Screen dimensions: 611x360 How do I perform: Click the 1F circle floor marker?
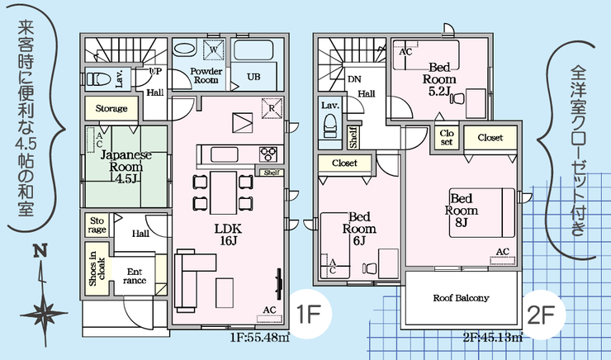(310, 314)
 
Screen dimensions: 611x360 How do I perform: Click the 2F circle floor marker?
(542, 314)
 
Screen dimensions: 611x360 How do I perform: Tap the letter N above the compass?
(40, 250)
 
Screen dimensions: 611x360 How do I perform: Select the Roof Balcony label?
(461, 298)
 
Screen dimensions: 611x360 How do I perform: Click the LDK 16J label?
(229, 234)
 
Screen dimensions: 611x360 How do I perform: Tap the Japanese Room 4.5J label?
(126, 167)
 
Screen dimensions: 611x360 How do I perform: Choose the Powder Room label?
(206, 76)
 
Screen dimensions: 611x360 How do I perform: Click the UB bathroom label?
(253, 77)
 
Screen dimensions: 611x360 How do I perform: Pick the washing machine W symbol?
(214, 50)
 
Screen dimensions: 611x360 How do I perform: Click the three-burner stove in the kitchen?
(268, 154)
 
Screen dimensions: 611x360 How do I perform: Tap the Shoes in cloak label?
(97, 268)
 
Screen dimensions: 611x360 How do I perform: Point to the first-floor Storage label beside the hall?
(111, 108)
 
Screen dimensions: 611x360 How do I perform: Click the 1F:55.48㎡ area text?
(260, 337)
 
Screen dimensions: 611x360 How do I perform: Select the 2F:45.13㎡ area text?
(493, 337)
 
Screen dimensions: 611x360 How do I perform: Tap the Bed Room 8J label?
(462, 211)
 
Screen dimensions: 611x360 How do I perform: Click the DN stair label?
(354, 79)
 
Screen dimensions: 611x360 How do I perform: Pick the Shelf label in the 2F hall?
(353, 137)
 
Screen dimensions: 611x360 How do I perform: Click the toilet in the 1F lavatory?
(96, 79)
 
